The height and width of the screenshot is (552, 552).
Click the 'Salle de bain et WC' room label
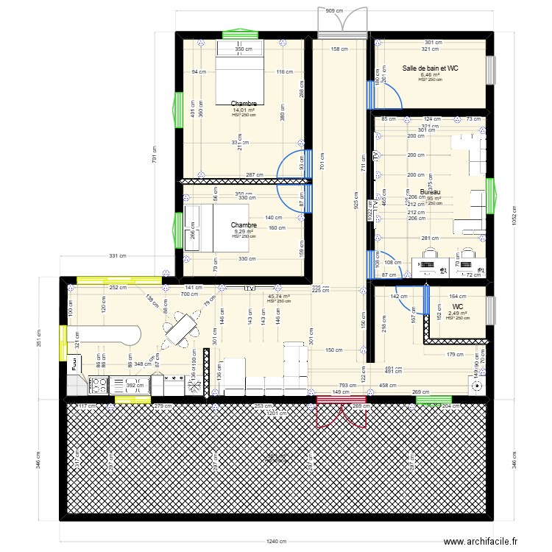[x=431, y=68]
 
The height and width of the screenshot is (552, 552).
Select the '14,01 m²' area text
[x=244, y=110]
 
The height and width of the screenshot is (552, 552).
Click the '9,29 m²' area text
[x=244, y=231]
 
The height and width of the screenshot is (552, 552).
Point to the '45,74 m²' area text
[x=279, y=296]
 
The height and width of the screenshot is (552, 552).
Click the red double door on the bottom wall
[x=341, y=412]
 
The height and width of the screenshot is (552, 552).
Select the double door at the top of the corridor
[x=343, y=22]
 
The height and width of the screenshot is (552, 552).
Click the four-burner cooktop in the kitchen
[x=99, y=383]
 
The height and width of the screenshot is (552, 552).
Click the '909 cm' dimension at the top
[x=333, y=11]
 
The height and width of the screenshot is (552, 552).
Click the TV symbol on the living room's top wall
[x=250, y=288]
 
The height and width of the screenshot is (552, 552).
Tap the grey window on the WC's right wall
[x=491, y=309]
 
